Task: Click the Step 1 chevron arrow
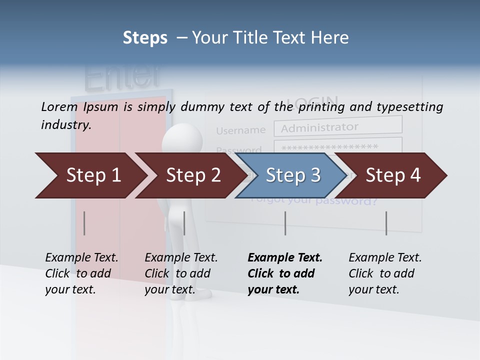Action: (x=90, y=175)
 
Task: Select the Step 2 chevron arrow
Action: (x=190, y=175)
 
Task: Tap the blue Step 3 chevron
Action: (x=290, y=175)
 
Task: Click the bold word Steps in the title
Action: (x=145, y=37)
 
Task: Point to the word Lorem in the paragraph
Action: (x=59, y=106)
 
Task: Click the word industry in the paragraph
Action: (x=66, y=125)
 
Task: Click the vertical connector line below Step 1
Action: (x=84, y=223)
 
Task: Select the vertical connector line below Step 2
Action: (x=184, y=223)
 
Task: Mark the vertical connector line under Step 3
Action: (x=285, y=223)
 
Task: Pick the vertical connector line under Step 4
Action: (x=386, y=223)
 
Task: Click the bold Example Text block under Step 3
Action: (x=284, y=273)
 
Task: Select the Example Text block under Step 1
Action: (x=81, y=273)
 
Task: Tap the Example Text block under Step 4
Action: (x=384, y=273)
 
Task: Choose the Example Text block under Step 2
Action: (x=181, y=273)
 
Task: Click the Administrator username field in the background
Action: (x=337, y=127)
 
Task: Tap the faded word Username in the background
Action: (x=240, y=130)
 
